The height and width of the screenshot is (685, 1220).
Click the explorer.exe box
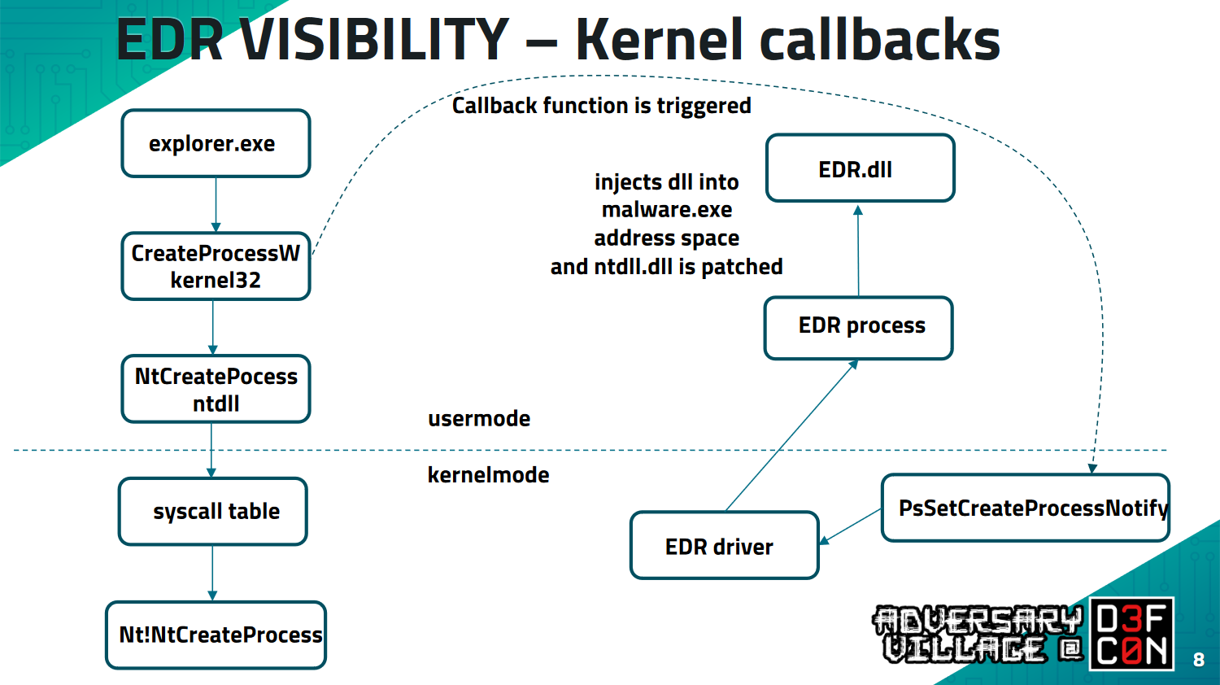[x=216, y=144]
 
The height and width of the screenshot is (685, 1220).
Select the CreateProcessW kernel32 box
[x=216, y=267]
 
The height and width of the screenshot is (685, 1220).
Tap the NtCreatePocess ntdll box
[x=216, y=390]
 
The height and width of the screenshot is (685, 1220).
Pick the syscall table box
[x=213, y=512]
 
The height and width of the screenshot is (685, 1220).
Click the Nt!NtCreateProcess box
[x=216, y=635]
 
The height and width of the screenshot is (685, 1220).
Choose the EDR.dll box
[x=860, y=168]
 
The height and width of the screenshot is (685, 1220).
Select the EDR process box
[x=858, y=327]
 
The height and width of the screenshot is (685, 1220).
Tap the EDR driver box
[x=724, y=546]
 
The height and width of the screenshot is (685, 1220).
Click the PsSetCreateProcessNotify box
[x=1026, y=508]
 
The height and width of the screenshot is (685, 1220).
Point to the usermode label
[x=479, y=419]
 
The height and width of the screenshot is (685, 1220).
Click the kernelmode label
[x=488, y=475]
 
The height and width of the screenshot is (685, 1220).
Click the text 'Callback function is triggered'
[x=601, y=106]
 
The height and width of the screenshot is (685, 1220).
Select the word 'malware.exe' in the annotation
[x=667, y=210]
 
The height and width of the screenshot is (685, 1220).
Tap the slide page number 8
[x=1198, y=660]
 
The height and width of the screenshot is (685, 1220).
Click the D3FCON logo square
[x=1131, y=635]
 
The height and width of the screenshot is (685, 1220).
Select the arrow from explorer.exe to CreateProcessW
[x=216, y=204]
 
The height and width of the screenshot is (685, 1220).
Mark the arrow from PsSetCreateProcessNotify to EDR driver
[x=850, y=526]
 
